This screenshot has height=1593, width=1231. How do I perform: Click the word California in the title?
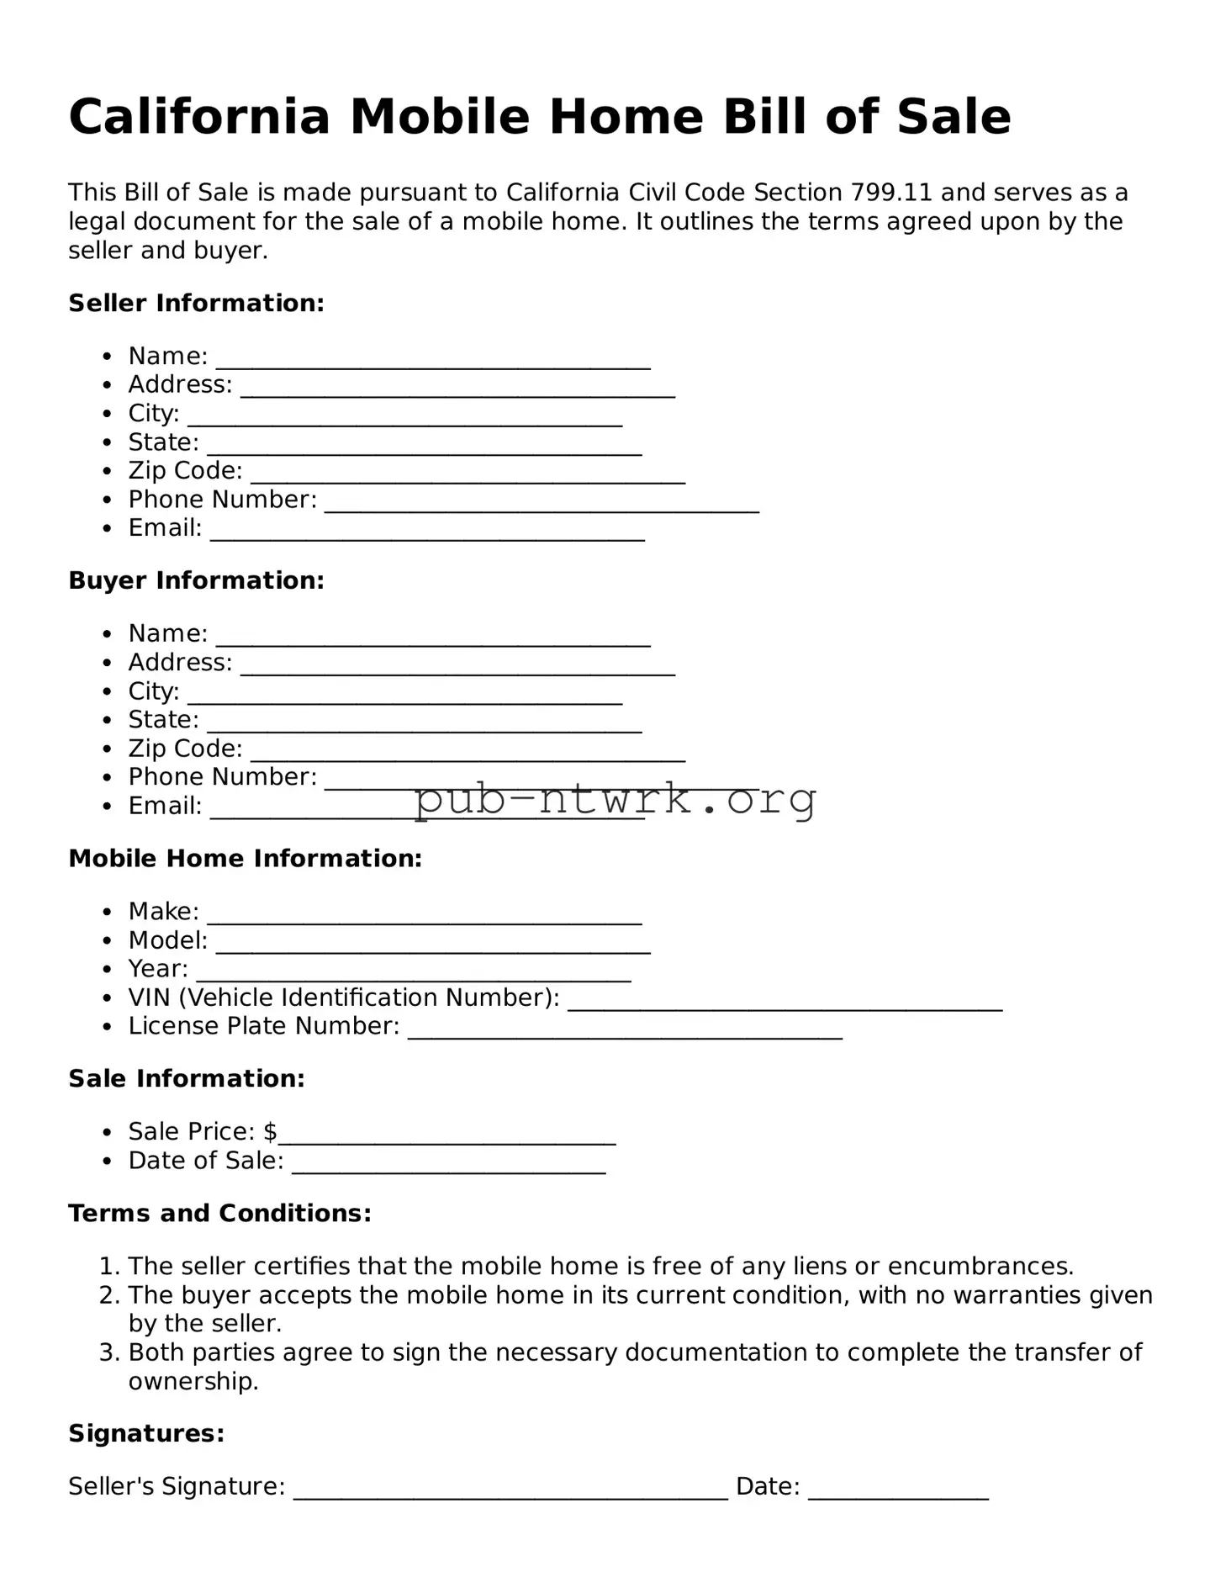(x=199, y=117)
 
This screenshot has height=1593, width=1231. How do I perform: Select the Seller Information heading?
(x=196, y=303)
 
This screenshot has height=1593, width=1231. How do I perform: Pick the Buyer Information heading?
(x=196, y=580)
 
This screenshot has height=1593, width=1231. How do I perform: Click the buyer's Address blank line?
(x=457, y=669)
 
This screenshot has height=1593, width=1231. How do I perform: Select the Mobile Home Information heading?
(x=245, y=858)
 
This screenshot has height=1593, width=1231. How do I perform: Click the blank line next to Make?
(x=425, y=918)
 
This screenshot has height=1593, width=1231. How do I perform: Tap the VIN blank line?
(x=785, y=1004)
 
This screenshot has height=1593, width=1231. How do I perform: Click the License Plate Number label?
(x=263, y=1026)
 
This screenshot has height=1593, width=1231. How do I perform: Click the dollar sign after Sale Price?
(x=270, y=1132)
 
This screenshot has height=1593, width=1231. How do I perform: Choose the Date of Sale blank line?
(x=448, y=1167)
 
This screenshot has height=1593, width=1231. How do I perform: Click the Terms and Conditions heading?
(x=219, y=1213)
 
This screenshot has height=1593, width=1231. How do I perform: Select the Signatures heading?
(x=146, y=1433)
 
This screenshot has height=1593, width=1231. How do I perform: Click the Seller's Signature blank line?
(x=510, y=1494)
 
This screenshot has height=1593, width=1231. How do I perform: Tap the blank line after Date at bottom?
(x=898, y=1494)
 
